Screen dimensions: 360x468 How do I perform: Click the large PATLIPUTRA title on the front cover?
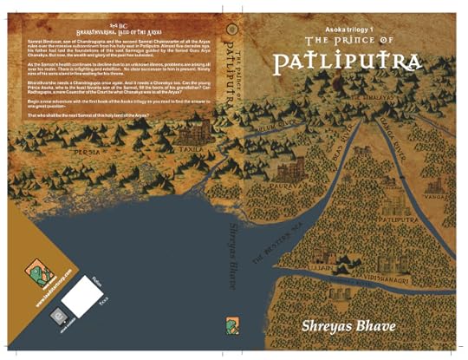pyautogui.click(x=347, y=62)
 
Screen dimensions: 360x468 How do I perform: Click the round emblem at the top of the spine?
pyautogui.click(x=229, y=25)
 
